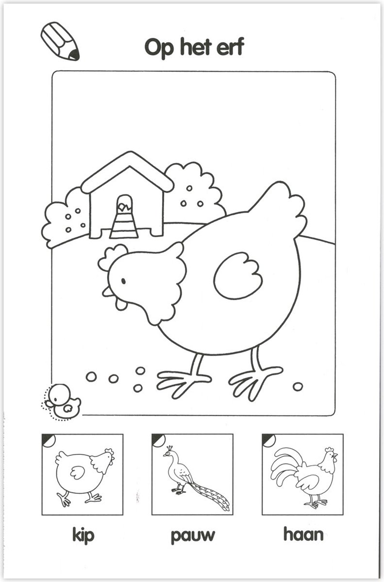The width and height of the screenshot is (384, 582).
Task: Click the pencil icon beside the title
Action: point(60,41)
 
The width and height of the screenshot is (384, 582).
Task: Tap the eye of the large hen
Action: point(123,281)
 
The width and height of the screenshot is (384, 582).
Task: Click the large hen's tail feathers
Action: point(279,209)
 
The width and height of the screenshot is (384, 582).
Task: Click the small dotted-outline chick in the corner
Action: point(63,401)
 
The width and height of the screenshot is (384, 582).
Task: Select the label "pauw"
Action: point(192,536)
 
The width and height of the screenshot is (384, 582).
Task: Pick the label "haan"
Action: point(303,535)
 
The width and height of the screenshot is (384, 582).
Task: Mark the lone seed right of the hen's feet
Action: point(298,386)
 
